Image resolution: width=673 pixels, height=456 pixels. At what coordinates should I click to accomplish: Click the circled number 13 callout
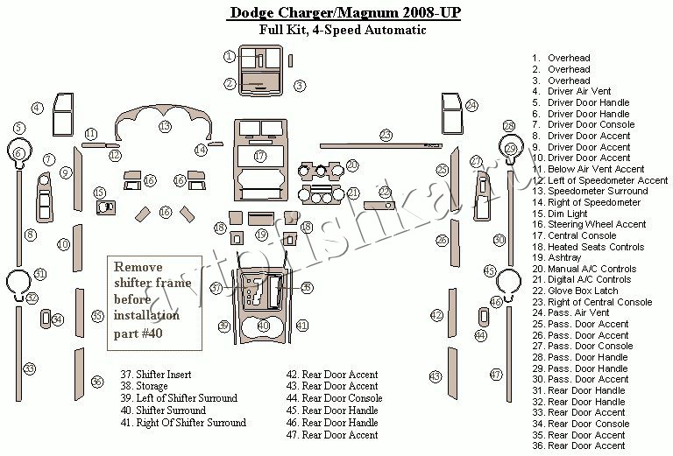(x=166, y=126)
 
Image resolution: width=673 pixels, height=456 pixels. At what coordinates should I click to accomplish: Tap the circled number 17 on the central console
(x=260, y=156)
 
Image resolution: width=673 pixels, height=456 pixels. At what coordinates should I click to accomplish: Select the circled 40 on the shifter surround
(x=263, y=326)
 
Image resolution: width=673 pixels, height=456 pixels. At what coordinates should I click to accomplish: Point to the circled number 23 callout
(x=386, y=135)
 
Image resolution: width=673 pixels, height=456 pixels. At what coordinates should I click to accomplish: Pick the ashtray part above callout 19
(x=261, y=219)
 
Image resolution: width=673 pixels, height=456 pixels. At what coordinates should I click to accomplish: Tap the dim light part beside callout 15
(x=105, y=207)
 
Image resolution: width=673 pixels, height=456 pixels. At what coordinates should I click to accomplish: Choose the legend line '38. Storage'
(x=144, y=386)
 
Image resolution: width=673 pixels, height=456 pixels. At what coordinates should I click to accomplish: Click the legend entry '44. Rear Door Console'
(x=335, y=398)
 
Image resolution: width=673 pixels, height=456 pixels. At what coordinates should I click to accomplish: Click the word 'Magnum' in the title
(x=368, y=12)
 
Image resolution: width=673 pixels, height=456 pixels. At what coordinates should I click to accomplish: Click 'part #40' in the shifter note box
(x=138, y=333)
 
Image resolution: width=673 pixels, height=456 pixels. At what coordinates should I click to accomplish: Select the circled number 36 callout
(x=98, y=382)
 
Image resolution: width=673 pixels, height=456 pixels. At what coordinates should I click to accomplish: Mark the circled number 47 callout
(x=496, y=375)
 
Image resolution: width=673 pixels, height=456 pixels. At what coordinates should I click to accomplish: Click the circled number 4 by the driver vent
(x=38, y=108)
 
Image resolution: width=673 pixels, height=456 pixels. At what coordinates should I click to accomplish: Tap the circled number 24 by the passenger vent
(x=471, y=105)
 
